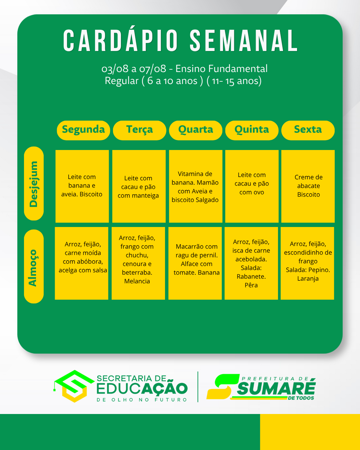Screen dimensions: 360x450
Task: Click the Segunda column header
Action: click(x=83, y=130)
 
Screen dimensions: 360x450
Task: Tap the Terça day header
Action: click(x=140, y=130)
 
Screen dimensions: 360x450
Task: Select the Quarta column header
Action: click(x=196, y=130)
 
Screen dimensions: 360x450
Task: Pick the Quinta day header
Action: click(x=252, y=130)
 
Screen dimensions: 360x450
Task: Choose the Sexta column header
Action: click(x=308, y=130)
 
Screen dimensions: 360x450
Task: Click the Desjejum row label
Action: click(x=34, y=183)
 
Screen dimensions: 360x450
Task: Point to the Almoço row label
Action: click(x=34, y=266)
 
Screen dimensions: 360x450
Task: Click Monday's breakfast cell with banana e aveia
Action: click(x=82, y=186)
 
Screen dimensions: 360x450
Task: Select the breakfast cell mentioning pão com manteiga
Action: click(x=139, y=186)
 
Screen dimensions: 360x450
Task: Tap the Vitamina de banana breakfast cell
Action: click(x=196, y=186)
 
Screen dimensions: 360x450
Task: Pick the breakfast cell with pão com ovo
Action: click(x=252, y=186)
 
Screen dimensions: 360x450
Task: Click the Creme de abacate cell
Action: click(x=308, y=186)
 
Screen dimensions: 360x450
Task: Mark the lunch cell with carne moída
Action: click(x=82, y=263)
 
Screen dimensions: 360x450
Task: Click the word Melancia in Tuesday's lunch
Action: click(x=137, y=281)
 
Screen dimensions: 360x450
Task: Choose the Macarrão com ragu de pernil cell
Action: click(x=195, y=263)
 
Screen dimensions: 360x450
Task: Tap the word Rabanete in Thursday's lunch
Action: click(x=251, y=277)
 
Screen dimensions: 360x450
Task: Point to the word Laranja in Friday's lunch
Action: click(x=308, y=279)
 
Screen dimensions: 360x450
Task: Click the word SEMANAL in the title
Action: click(x=244, y=40)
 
